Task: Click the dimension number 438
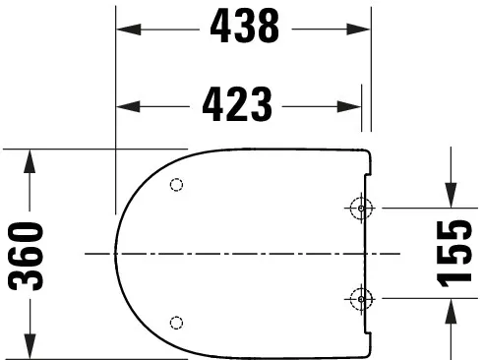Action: point(244,29)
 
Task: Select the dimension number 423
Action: point(239,101)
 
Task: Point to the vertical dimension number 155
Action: point(454,254)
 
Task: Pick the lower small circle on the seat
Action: point(177,322)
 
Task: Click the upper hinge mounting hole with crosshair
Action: point(360,208)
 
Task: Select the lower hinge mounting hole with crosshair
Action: point(360,298)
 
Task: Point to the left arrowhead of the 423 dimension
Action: point(125,102)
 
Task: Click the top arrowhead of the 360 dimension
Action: point(31,157)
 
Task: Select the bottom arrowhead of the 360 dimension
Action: point(31,350)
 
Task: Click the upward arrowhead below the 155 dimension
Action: point(453,308)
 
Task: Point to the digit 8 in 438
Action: point(268,29)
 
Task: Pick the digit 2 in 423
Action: point(239,101)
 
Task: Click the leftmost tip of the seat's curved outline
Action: point(115,253)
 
